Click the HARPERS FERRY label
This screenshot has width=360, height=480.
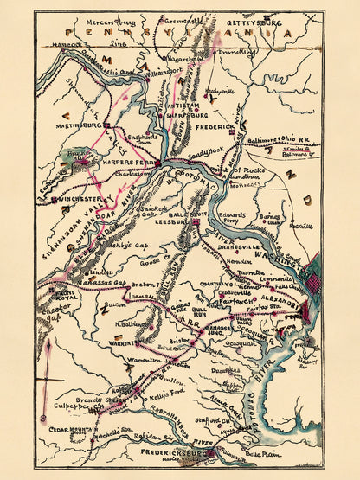click(x=136, y=158)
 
